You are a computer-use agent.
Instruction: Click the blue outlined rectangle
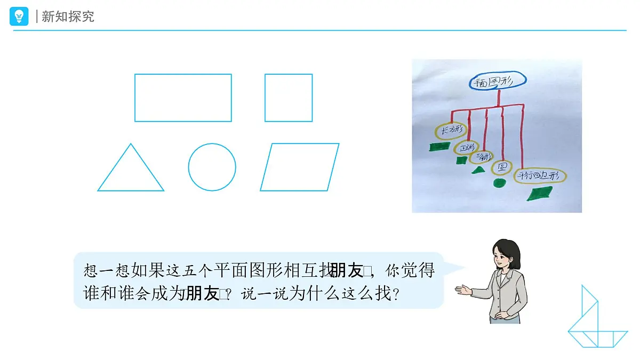pyautogui.click(x=183, y=98)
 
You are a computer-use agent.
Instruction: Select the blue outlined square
pyautogui.click(x=289, y=98)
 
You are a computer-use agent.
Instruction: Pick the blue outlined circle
pyautogui.click(x=212, y=167)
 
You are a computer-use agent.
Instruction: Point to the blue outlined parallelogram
pyautogui.click(x=299, y=167)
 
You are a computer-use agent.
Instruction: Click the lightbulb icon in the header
pyautogui.click(x=19, y=16)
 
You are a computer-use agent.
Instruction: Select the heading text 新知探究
pyautogui.click(x=68, y=17)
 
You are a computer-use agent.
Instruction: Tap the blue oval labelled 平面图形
pyautogui.click(x=498, y=81)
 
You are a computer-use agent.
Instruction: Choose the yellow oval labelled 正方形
pyautogui.click(x=469, y=148)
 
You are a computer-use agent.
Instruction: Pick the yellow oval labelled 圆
pyautogui.click(x=501, y=167)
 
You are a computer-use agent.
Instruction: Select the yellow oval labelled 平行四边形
pyautogui.click(x=540, y=176)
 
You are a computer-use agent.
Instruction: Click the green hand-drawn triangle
pyautogui.click(x=478, y=170)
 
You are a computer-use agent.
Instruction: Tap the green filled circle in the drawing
pyautogui.click(x=499, y=183)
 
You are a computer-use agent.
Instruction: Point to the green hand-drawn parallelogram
pyautogui.click(x=540, y=194)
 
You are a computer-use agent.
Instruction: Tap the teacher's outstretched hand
pyautogui.click(x=462, y=290)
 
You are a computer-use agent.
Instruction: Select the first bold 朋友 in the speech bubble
pyautogui.click(x=346, y=271)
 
